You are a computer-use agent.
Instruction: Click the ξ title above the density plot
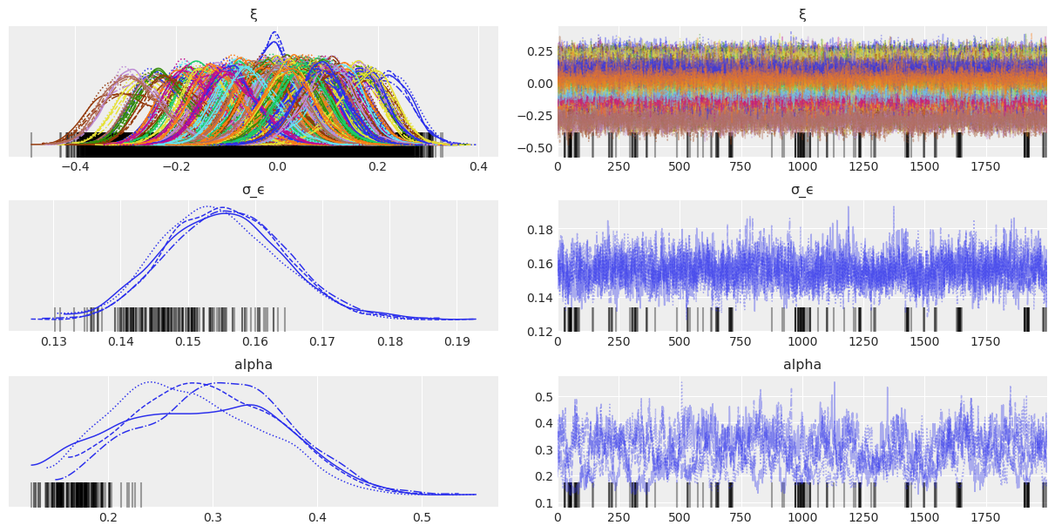(254, 15)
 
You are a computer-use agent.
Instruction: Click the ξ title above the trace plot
(802, 15)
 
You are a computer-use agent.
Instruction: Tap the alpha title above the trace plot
(802, 365)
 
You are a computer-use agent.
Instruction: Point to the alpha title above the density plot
(254, 365)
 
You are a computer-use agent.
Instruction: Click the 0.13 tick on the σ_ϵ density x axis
(54, 340)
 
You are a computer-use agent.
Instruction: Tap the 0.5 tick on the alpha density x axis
(421, 515)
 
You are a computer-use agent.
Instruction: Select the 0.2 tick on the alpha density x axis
(108, 515)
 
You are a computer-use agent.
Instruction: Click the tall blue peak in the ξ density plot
(274, 35)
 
